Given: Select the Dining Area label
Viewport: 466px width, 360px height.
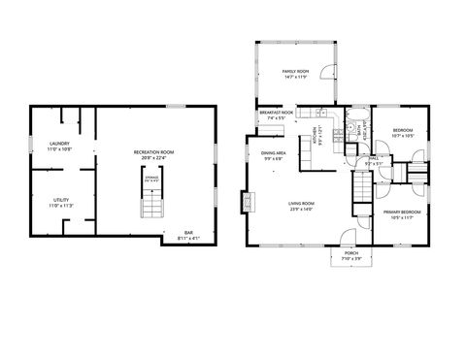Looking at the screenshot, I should click(273, 152).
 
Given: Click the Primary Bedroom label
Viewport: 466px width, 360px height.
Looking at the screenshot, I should click(401, 212).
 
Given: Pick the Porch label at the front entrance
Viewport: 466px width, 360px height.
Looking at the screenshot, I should click(351, 252).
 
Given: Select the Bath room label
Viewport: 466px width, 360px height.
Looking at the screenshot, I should click(358, 129).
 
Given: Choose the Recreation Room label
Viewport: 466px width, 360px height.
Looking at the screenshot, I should click(153, 152).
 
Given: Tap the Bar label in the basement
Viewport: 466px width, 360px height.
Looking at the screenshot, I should click(189, 232).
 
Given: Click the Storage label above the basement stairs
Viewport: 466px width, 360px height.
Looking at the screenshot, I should click(152, 178).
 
